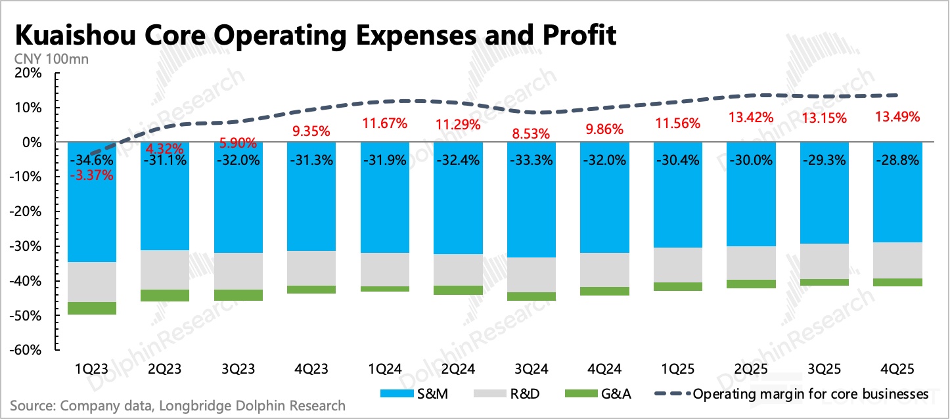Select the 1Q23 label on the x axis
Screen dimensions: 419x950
coord(92,368)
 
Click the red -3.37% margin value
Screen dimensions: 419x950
coord(92,176)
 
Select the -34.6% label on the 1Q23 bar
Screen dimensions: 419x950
coord(92,161)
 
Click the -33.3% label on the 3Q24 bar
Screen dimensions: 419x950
coord(532,161)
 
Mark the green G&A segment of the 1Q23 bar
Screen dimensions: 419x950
coord(92,308)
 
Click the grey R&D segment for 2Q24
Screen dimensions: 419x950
coord(459,270)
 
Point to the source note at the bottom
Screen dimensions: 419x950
coord(177,406)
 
